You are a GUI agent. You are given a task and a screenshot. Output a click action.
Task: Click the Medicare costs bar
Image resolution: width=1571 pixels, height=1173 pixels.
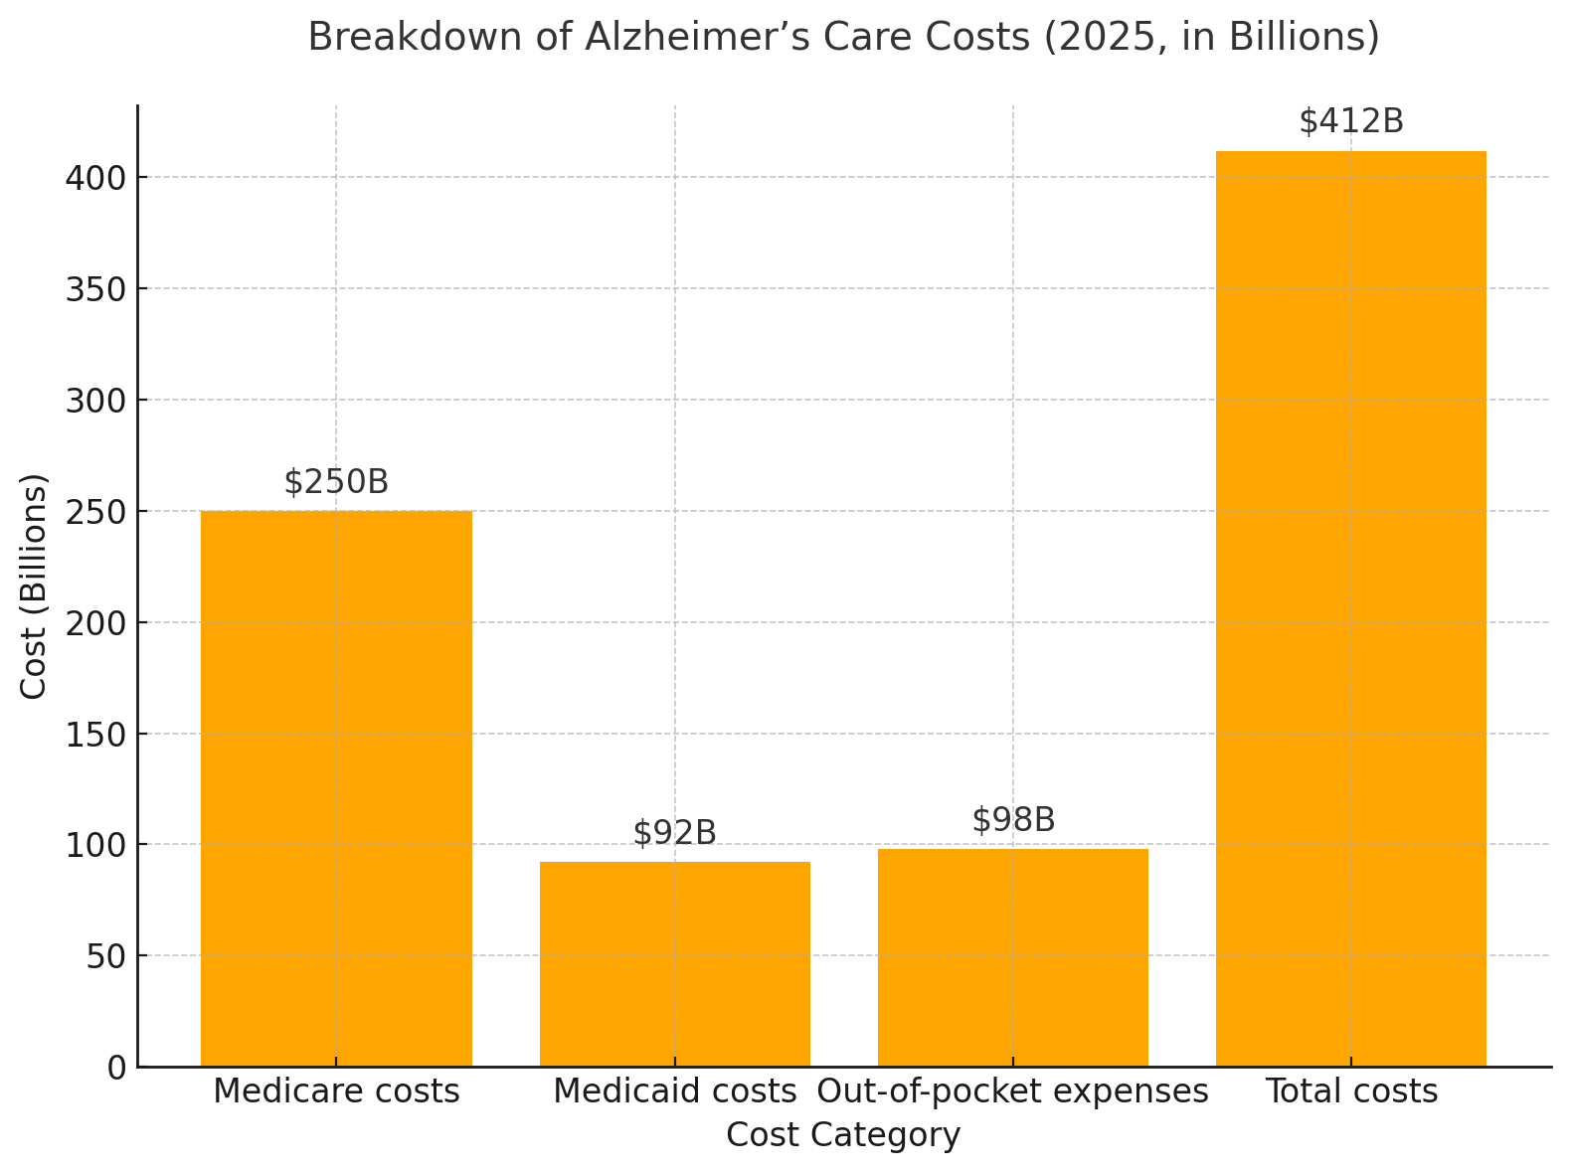tap(336, 788)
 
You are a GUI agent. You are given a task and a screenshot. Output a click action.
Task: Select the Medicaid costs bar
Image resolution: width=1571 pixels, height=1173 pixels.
tap(674, 964)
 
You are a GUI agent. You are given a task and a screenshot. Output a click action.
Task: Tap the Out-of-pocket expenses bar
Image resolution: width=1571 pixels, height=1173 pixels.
tap(1012, 957)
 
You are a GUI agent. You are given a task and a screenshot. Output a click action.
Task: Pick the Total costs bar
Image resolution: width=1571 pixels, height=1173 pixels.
tap(1350, 608)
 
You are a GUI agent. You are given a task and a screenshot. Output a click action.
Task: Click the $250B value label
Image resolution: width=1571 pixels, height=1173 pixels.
tap(336, 482)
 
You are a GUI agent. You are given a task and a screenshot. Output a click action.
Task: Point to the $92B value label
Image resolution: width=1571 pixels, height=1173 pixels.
tap(674, 833)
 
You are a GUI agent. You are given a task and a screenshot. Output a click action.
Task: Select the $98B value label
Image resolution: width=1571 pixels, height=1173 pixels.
tap(1012, 820)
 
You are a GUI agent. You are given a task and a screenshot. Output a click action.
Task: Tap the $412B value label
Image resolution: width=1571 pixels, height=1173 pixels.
tap(1350, 121)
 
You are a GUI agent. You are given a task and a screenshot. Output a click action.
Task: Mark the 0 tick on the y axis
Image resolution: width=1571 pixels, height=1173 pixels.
tap(117, 1068)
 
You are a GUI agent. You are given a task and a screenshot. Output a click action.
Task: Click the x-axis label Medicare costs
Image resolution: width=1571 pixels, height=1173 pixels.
tap(336, 1091)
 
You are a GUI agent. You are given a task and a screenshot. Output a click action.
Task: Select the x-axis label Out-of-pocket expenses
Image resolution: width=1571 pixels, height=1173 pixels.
tap(1012, 1091)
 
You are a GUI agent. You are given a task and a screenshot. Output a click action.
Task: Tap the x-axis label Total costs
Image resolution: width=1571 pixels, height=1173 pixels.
tap(1350, 1091)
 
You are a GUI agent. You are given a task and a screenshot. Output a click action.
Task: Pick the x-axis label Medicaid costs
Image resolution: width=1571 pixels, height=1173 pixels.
tap(674, 1091)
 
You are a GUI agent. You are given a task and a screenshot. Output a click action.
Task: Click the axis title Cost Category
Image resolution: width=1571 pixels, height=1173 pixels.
tap(843, 1135)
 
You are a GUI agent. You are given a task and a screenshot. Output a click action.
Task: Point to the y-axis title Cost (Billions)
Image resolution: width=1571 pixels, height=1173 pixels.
tap(34, 586)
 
